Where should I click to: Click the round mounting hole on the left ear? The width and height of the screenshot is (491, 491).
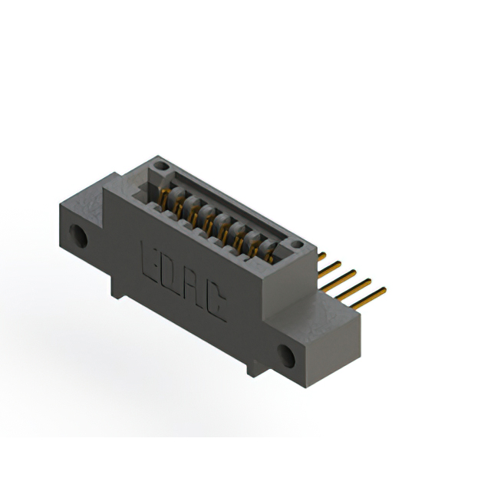[80, 237]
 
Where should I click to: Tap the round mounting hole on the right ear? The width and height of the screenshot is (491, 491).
[288, 355]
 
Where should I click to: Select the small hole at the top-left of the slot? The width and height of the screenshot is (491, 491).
[159, 165]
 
